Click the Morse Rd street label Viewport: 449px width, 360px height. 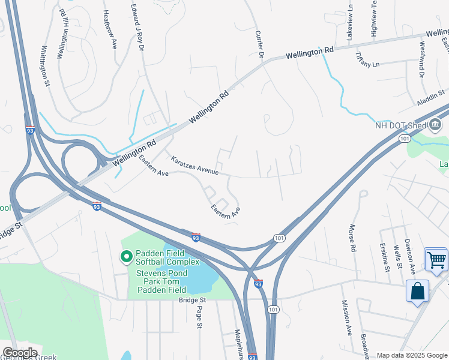coord(352,238)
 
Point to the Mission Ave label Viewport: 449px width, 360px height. coord(346,318)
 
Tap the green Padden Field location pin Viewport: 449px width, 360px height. coord(127,257)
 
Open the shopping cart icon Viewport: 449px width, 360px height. coord(436,260)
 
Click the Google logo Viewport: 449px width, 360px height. coord(20,352)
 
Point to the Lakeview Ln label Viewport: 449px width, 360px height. coord(349,23)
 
